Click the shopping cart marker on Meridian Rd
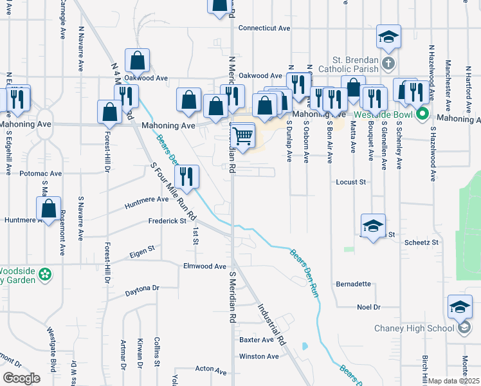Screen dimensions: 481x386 pos(243,136)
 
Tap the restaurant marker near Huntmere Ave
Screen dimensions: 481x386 pos(187,177)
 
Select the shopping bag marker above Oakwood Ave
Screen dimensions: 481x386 pos(137,61)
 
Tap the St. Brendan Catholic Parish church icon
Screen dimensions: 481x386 pos(387,64)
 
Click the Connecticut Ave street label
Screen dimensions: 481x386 pos(264,28)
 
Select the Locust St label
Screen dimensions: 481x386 pos(350,182)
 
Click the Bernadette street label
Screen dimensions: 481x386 pos(353,284)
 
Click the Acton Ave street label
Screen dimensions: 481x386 pos(211,371)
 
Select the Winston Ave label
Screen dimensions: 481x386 pos(259,356)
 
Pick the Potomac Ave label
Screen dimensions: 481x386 pos(41,173)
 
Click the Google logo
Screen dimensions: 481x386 pos(22,378)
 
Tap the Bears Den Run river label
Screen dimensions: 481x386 pos(304,273)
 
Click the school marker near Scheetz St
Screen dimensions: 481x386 pos(373,227)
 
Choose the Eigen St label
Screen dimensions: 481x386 pos(143,248)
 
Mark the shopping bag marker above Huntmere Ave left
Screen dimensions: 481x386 pos(48,210)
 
